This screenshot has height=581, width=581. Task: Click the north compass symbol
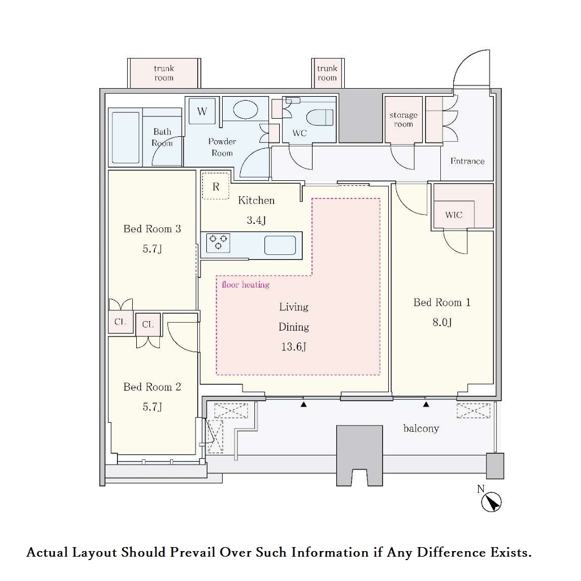[x=491, y=502]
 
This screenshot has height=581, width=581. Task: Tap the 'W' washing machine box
[x=202, y=111]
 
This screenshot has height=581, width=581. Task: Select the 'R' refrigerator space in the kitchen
[x=216, y=187]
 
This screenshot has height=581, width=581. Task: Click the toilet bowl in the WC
[x=320, y=118]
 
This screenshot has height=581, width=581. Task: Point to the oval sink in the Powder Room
[x=245, y=110]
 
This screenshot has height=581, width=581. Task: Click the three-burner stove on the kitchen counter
[x=218, y=243]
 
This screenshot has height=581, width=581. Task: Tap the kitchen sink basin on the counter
[x=280, y=245]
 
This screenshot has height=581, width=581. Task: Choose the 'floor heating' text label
[x=246, y=285]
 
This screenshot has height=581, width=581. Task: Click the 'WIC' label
[x=454, y=215]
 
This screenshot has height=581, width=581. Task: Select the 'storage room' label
[x=404, y=119]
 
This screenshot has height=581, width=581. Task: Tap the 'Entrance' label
[x=467, y=161]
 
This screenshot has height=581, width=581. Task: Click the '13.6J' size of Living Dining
[x=293, y=347]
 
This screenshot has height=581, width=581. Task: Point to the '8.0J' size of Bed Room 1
[x=442, y=322]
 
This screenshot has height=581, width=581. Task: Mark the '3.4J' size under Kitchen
[x=257, y=220]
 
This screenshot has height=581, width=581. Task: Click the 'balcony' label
[x=421, y=429]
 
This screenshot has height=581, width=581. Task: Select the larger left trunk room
[x=164, y=73]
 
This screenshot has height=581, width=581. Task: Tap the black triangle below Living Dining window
[x=303, y=405]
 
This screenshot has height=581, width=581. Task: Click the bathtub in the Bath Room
[x=125, y=137]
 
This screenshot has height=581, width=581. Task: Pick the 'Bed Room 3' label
[x=152, y=229]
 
